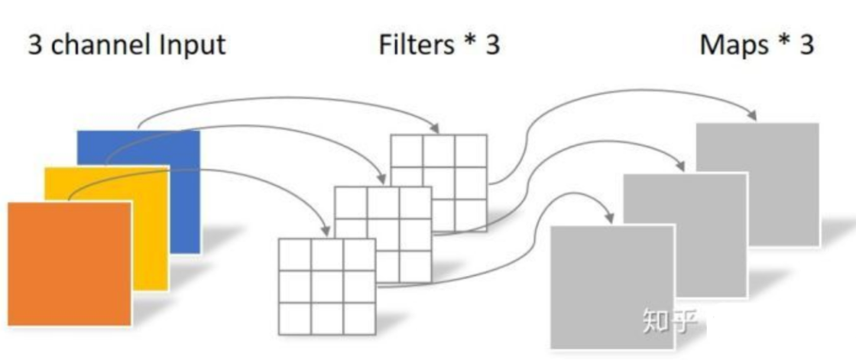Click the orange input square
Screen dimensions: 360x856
(x=69, y=264)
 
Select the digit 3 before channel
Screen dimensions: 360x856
(x=35, y=45)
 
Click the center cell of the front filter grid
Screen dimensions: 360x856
(x=327, y=287)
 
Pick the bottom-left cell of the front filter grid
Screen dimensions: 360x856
(x=294, y=319)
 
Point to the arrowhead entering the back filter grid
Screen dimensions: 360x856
(x=435, y=127)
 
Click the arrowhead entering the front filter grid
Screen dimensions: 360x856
(x=326, y=230)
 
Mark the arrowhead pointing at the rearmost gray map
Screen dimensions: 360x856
(x=752, y=115)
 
